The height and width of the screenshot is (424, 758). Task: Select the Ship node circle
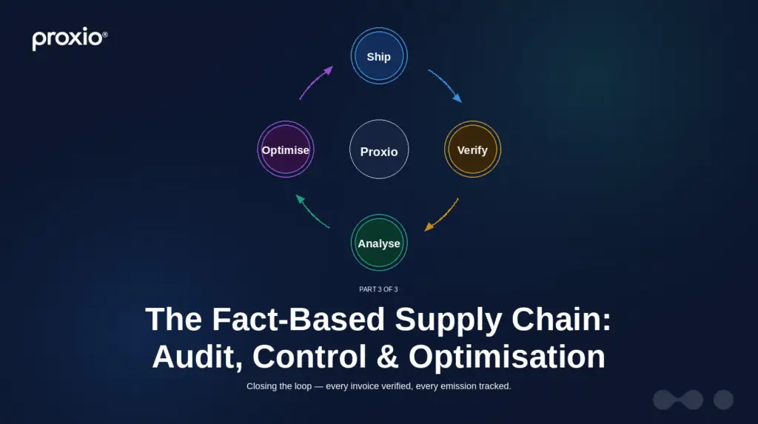pyautogui.click(x=378, y=56)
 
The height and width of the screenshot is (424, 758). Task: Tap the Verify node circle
pyautogui.click(x=472, y=150)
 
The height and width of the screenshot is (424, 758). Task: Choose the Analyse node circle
pyautogui.click(x=379, y=243)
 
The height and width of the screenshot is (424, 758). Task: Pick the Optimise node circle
pyautogui.click(x=286, y=150)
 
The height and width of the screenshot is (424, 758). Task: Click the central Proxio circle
pyautogui.click(x=379, y=151)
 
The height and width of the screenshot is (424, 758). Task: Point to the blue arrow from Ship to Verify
pyautogui.click(x=446, y=84)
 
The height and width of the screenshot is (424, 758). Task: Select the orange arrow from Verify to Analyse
pyautogui.click(x=442, y=215)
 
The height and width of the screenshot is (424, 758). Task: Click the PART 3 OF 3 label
pyautogui.click(x=379, y=289)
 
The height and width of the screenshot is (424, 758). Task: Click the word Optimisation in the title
pyautogui.click(x=507, y=357)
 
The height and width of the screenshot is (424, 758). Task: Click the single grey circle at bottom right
pyautogui.click(x=723, y=400)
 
